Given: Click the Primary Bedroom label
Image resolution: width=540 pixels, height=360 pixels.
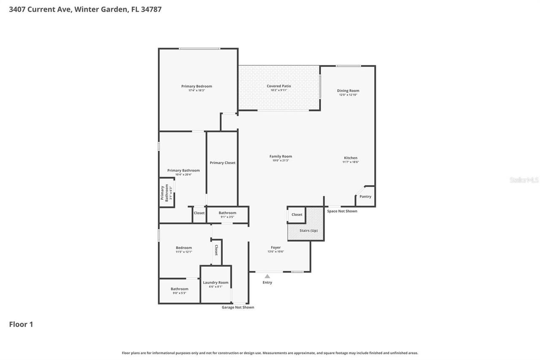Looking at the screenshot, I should [x=197, y=86].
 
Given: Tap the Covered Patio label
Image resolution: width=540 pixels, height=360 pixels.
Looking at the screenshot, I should [x=278, y=86].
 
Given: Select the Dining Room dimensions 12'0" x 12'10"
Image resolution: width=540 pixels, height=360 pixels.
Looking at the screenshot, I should [x=348, y=95].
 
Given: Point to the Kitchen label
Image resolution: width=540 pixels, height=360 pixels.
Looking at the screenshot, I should [x=351, y=158].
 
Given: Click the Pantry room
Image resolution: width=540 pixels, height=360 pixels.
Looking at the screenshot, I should [x=365, y=197].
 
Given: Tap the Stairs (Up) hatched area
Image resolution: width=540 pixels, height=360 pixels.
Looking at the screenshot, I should [x=308, y=230].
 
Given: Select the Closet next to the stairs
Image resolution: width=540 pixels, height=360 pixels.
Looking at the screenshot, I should [x=297, y=214].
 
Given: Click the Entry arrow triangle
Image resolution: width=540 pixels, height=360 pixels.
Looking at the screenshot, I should [x=267, y=276].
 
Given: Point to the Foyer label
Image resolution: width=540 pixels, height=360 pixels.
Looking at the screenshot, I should [x=275, y=247].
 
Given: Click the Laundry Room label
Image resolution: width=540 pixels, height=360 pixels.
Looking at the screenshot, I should [x=216, y=282].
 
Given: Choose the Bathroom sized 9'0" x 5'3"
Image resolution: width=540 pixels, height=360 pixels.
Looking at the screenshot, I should [x=179, y=291].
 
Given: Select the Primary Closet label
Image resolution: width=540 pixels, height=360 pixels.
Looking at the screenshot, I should [x=222, y=162].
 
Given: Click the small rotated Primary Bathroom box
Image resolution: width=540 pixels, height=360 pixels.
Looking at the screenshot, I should [x=166, y=193].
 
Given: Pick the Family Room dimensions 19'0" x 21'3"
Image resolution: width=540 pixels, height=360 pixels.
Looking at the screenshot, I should [x=281, y=160].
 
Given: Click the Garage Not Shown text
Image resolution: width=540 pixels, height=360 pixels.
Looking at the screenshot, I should [x=238, y=307].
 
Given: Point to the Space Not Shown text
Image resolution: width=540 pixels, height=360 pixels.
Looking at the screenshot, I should [x=342, y=211].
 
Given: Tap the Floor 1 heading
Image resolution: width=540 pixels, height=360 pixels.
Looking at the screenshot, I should [x=21, y=324].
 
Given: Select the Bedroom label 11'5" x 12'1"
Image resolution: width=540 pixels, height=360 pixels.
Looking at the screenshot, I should [x=184, y=248].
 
